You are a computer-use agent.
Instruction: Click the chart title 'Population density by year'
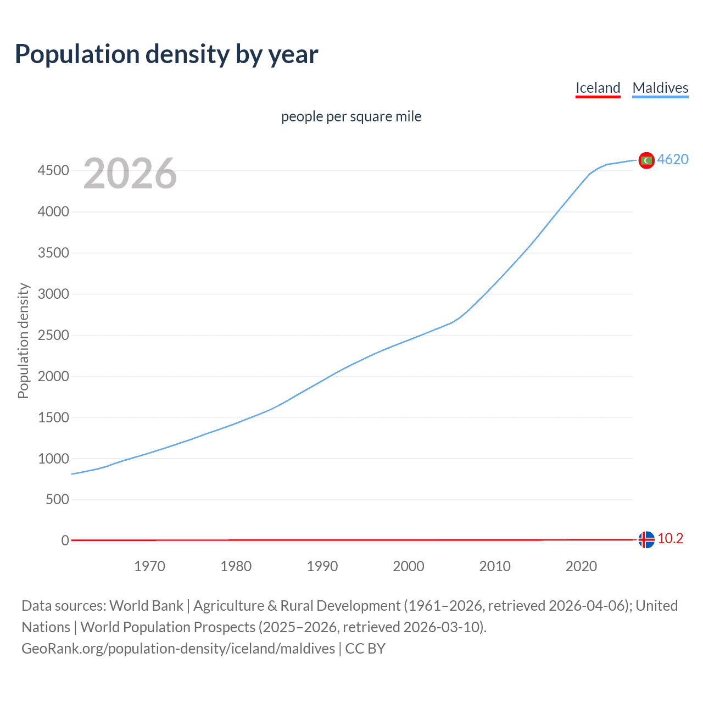166,54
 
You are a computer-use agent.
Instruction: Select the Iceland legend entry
598,88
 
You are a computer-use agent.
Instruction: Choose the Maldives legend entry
660,88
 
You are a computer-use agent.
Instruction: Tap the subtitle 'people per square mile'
351,116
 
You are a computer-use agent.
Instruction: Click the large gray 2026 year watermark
130,174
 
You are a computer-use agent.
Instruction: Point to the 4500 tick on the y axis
53,171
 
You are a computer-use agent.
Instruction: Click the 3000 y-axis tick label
53,294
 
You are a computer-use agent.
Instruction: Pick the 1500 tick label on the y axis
53,417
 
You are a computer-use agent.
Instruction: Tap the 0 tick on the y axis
65,540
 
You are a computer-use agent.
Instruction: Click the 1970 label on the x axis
149,566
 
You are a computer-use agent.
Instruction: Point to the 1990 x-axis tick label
322,566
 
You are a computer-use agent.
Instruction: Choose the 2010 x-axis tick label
495,566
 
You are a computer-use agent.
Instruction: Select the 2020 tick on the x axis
581,566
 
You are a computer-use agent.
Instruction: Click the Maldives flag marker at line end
646,160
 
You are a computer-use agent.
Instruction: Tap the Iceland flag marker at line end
646,540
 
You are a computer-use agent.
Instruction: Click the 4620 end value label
673,159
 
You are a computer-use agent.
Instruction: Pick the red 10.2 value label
670,539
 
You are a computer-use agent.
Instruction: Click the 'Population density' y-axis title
23,341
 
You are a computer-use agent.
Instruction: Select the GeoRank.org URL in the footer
178,649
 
